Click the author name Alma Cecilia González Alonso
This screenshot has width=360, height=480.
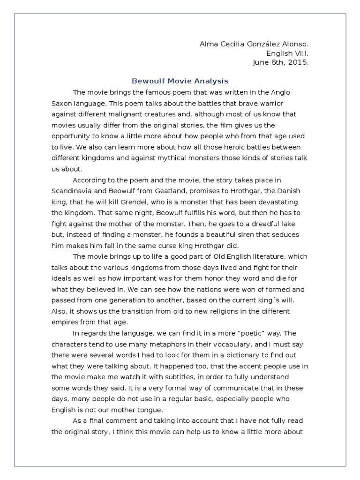254,45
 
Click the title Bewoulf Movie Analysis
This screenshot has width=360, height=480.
180,81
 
